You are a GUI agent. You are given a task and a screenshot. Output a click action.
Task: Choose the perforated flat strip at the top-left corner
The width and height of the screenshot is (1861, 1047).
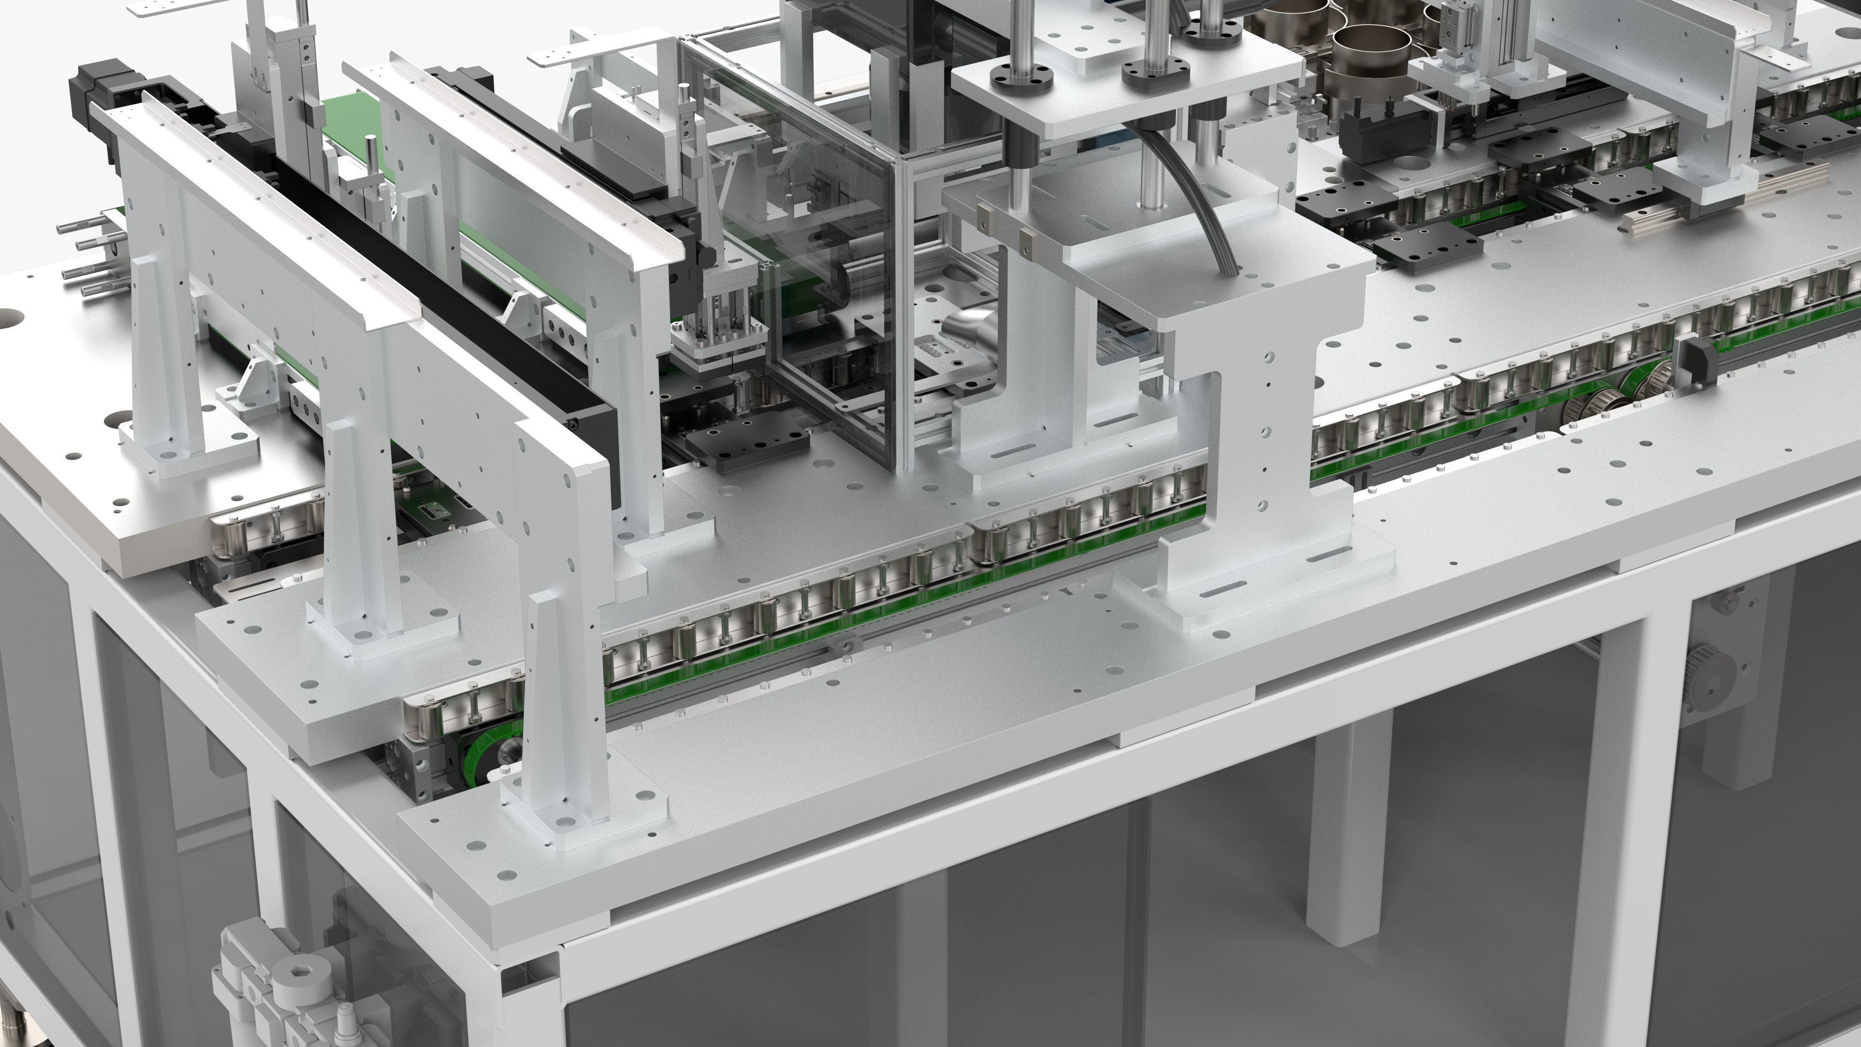(173, 7)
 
